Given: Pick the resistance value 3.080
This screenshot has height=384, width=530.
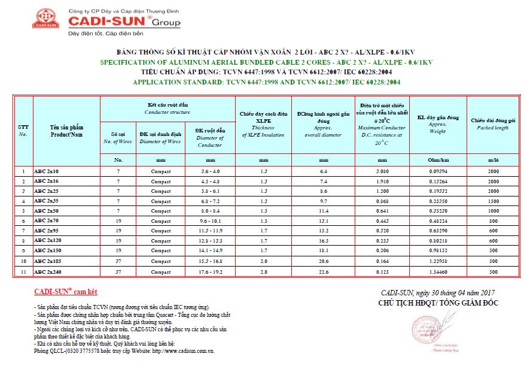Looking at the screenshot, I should click(x=382, y=172).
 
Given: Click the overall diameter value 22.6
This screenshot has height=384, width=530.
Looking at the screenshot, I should click(x=324, y=272).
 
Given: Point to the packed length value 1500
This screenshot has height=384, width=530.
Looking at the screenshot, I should click(x=493, y=202).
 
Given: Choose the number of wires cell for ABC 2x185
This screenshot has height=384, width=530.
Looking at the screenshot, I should click(x=118, y=262).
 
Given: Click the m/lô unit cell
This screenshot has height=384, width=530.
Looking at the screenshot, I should click(x=493, y=160).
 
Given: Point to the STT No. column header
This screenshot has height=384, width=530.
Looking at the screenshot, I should click(x=23, y=131).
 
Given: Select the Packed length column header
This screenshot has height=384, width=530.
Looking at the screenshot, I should click(x=493, y=124).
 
